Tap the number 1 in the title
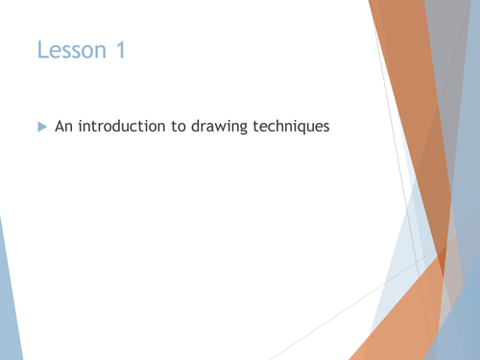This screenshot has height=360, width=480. coord(120,50)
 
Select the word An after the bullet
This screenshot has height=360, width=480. coord(63,126)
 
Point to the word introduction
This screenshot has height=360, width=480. coord(120,126)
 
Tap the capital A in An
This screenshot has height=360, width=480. coord(60,126)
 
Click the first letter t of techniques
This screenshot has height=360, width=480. coord(253,126)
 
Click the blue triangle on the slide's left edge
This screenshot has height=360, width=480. coord(7,298)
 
